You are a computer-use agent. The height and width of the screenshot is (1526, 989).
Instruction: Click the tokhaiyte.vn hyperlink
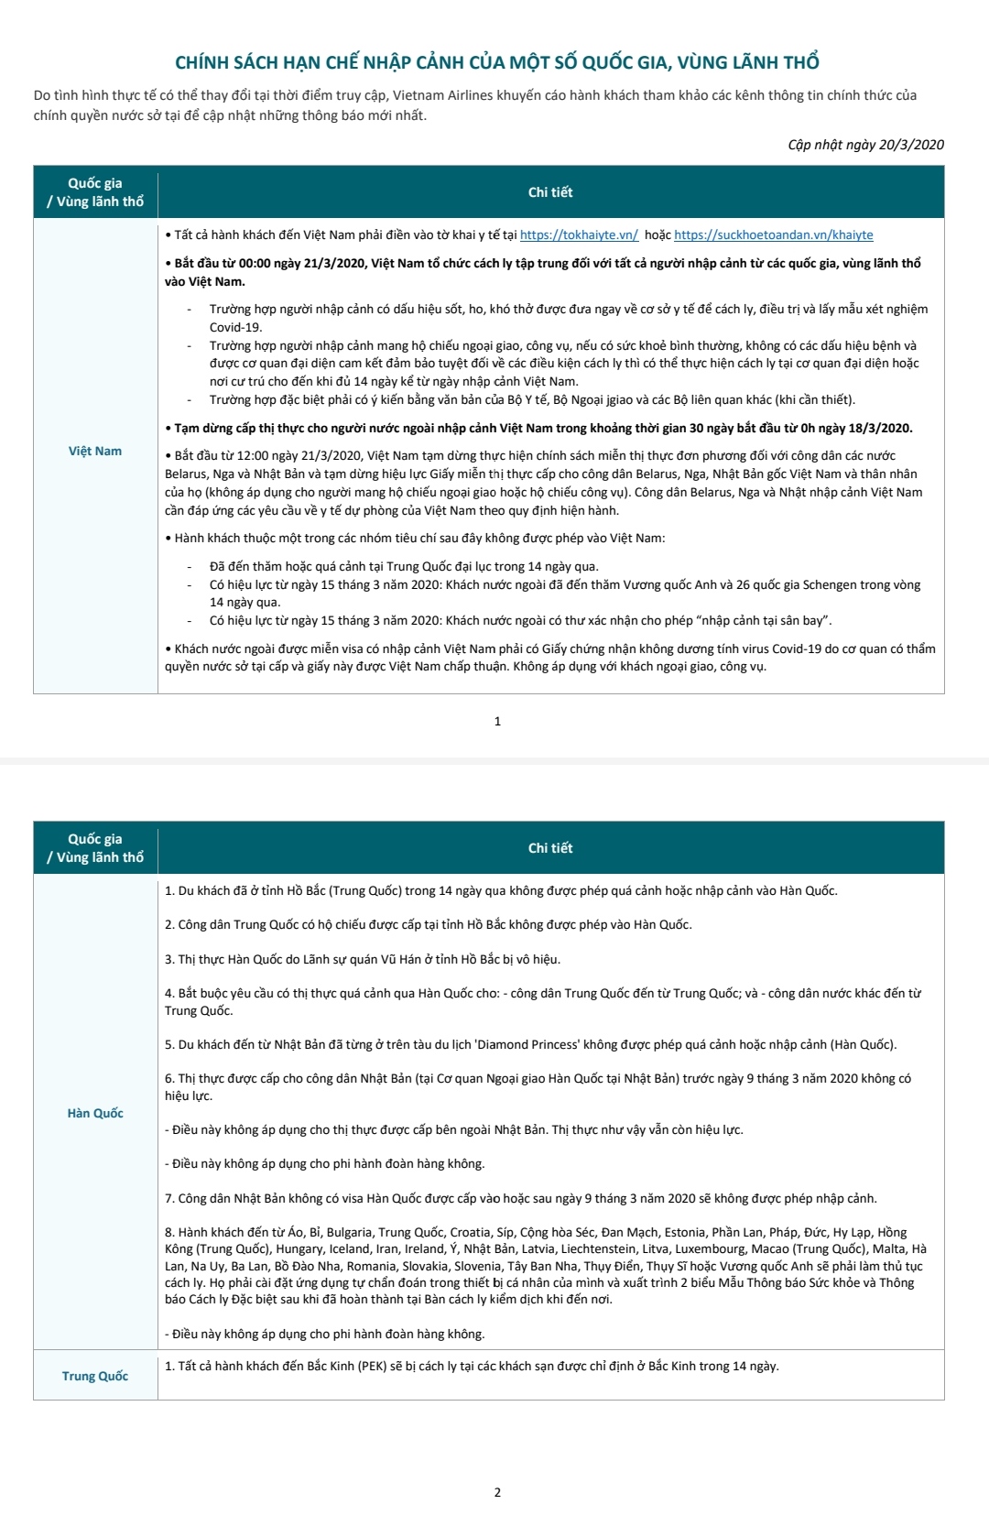(579, 235)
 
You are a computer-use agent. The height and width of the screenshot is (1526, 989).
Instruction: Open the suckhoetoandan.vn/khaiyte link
(773, 235)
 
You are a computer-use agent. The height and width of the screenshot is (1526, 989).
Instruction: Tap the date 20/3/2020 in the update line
(911, 145)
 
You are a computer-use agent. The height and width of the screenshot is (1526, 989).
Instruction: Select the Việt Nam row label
(95, 452)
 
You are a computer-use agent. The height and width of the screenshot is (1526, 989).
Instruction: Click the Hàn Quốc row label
(95, 1114)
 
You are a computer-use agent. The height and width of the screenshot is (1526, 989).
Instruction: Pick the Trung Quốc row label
(95, 1377)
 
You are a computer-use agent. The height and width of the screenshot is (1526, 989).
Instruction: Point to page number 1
(497, 722)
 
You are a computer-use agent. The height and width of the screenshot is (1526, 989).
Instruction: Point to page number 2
(497, 1492)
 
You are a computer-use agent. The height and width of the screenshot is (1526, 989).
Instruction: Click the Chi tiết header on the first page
(550, 192)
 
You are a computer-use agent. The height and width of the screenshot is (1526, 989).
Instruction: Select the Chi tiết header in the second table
(550, 848)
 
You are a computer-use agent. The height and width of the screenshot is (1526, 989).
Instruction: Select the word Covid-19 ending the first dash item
(235, 328)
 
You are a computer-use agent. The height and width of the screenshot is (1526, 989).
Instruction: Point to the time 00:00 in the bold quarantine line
(255, 264)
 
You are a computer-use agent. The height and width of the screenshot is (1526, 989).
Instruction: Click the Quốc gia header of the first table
(95, 183)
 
